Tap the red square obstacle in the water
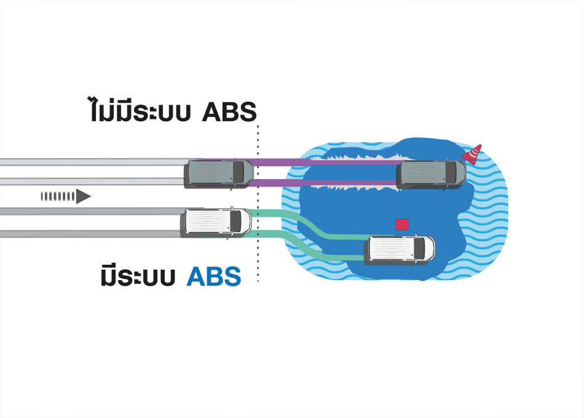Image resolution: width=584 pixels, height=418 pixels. [x=401, y=225]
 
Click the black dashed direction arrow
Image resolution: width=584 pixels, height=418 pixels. [x=65, y=196]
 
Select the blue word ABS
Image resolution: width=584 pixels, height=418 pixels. [x=214, y=276]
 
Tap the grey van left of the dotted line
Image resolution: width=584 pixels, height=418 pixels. [x=218, y=172]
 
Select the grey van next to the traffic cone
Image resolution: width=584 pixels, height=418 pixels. [x=431, y=174]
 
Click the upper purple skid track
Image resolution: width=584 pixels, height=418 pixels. [x=326, y=163]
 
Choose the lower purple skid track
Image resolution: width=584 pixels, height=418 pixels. [x=326, y=183]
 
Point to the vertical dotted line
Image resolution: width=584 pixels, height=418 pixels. [x=258, y=203]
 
